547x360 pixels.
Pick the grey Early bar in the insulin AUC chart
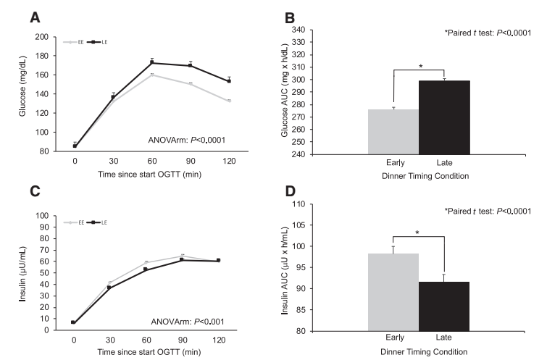[x=393, y=292]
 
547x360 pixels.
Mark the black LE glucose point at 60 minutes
[x=131, y=63]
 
